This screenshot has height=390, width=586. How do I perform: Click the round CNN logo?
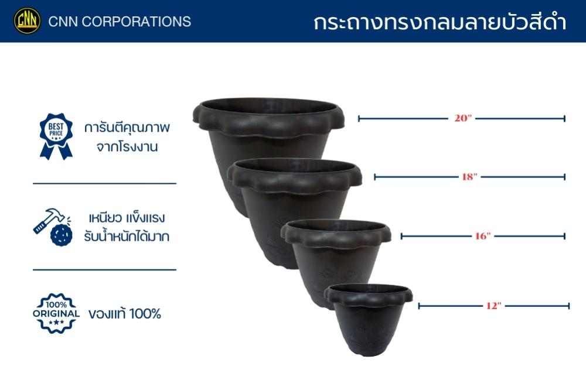(x=28, y=21)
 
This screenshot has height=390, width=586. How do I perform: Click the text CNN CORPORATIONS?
(x=120, y=22)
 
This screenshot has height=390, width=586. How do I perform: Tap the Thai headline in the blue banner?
(x=439, y=22)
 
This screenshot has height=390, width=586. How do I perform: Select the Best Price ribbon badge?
(x=56, y=136)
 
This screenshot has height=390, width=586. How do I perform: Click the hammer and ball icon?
(x=52, y=227)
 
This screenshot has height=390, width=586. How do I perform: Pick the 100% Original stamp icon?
(x=56, y=313)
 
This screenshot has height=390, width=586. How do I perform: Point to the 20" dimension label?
(x=463, y=118)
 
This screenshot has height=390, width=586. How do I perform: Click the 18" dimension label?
(x=469, y=176)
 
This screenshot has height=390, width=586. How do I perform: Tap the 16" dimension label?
(x=482, y=236)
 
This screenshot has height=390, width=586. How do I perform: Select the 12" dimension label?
(x=493, y=306)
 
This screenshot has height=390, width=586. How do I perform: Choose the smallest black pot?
(x=368, y=319)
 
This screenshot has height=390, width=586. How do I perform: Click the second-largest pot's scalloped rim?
(x=295, y=176)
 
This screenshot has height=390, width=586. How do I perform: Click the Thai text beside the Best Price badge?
(x=127, y=136)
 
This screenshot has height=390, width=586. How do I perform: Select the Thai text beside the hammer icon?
(x=127, y=227)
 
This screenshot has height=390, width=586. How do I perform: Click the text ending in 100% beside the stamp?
(x=125, y=313)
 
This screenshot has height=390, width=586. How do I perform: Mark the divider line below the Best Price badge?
(x=104, y=183)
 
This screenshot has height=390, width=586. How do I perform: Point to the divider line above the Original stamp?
(x=104, y=269)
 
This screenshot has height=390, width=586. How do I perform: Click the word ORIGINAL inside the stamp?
(x=56, y=313)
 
